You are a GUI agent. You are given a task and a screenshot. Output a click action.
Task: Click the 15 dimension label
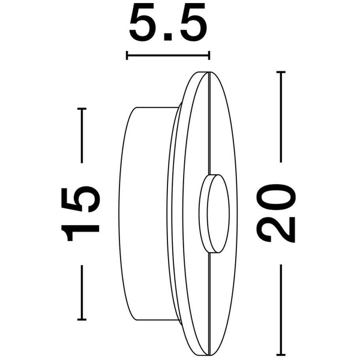pos(81,214)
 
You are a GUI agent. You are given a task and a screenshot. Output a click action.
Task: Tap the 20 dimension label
pos(277,212)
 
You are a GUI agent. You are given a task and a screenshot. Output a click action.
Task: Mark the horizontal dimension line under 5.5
pos(168,56)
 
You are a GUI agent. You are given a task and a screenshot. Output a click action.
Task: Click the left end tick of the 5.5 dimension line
pos(127,56)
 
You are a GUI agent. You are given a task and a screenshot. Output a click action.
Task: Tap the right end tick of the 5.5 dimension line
pos(209,56)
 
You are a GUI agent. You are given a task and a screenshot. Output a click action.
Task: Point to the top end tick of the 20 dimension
pos(280,72)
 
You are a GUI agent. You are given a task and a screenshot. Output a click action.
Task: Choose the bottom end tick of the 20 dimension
pos(280,355)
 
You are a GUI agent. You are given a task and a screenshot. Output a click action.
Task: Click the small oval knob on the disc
pos(215,213)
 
